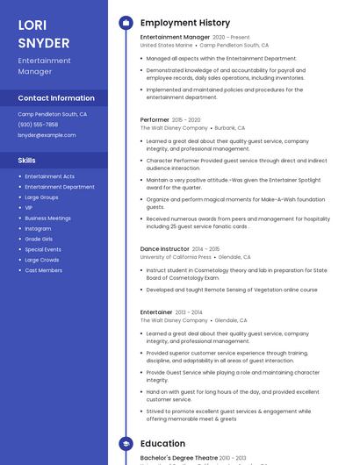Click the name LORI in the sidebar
coord(32,25)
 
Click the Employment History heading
coord(184,23)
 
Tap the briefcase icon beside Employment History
coord(126,23)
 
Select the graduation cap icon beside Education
coord(126,444)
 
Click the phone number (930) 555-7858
coord(38,125)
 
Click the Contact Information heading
coord(56,98)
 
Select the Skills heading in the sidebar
coord(27,161)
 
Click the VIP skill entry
coord(29,207)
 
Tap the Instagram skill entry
coord(38,228)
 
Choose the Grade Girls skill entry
coord(39,239)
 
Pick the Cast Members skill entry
coord(43,270)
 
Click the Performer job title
coord(155,119)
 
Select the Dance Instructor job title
coord(164,249)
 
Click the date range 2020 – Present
coord(231,38)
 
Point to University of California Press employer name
coord(176,257)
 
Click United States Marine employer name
coord(166,45)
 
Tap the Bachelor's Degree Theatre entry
coord(179,458)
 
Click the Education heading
coord(162,444)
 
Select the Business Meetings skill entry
coord(47,218)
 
